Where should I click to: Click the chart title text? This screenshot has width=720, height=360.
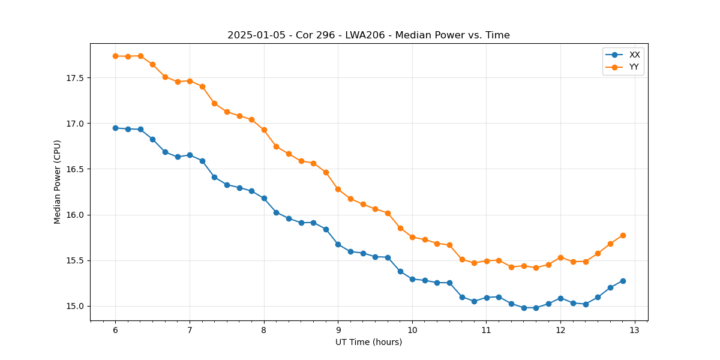click(x=368, y=35)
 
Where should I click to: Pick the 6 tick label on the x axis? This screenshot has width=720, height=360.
click(x=115, y=331)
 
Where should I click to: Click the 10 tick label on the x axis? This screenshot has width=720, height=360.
click(x=412, y=331)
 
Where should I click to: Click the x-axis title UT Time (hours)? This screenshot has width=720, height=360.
click(x=368, y=343)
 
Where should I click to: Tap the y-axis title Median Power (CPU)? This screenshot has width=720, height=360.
click(x=58, y=182)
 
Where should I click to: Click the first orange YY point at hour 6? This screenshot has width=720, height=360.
click(x=115, y=56)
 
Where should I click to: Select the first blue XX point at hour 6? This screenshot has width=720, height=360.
click(x=115, y=128)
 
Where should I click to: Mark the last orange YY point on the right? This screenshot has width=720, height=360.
click(x=623, y=235)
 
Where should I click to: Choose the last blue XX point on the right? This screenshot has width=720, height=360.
click(x=623, y=281)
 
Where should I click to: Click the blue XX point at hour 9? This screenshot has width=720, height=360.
click(x=338, y=244)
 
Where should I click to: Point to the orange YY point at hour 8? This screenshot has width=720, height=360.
click(x=264, y=130)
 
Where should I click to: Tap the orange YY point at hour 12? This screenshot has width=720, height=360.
click(x=560, y=257)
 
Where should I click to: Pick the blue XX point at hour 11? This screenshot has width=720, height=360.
click(x=487, y=298)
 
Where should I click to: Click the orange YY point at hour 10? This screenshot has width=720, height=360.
click(x=412, y=237)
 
